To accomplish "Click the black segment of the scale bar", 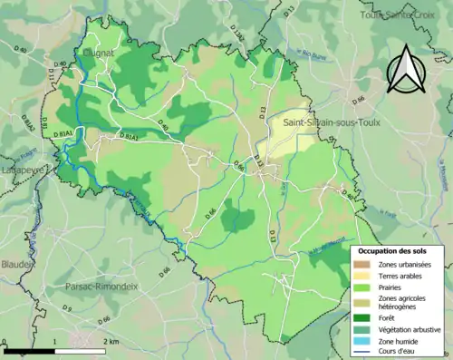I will coord(29,350).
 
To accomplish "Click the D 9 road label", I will coord(67,310).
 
